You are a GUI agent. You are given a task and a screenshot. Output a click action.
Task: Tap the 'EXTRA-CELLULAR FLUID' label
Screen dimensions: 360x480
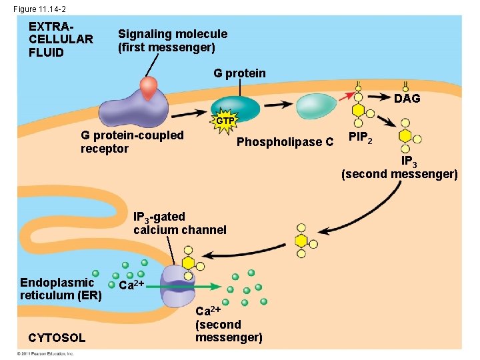point(61,39)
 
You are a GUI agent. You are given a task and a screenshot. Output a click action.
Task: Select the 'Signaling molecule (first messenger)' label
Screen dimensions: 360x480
point(172,41)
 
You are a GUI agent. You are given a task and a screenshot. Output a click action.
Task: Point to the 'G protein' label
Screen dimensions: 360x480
point(239,73)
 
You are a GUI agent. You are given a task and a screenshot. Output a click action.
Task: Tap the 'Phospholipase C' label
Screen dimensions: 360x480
point(285,142)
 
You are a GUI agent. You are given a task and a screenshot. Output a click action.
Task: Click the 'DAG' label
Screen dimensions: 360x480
point(407,99)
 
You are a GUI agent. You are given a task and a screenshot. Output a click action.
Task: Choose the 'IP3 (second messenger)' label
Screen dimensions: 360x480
point(399,168)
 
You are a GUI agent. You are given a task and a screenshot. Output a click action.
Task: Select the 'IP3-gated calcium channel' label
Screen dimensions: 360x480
point(180,223)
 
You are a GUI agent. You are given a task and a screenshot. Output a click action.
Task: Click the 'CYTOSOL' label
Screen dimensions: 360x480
point(57,338)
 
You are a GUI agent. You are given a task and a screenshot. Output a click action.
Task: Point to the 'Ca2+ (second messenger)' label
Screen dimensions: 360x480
point(228,325)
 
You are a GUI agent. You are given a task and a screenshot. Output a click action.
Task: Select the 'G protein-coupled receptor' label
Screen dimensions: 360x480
point(132,142)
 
